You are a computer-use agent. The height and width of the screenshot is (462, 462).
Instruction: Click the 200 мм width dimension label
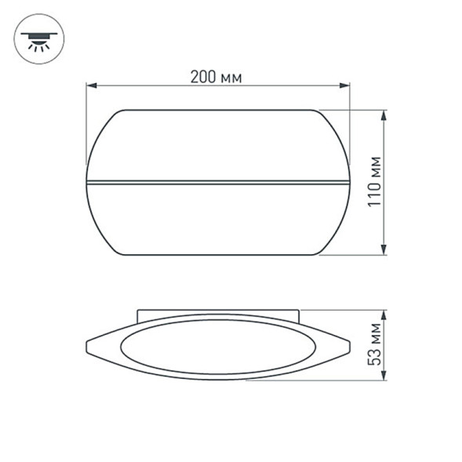pos(216,77)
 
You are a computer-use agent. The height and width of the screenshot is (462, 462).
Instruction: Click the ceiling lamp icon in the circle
pos(37,38)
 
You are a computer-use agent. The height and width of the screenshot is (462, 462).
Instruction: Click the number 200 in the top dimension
pos(202,77)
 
